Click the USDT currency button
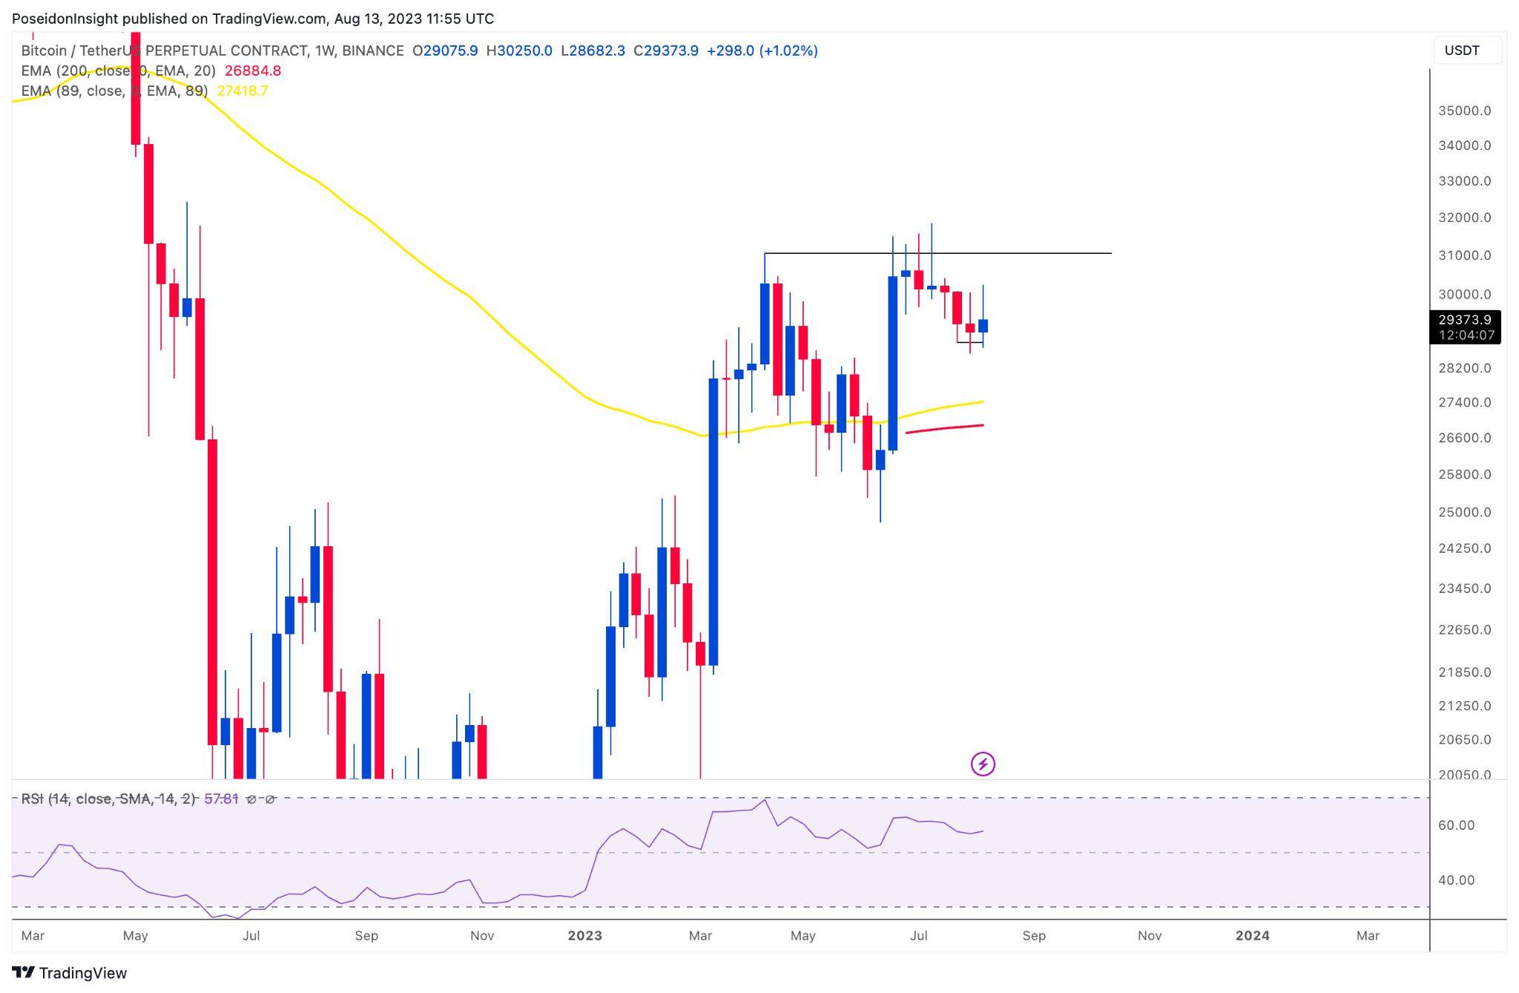tap(1462, 50)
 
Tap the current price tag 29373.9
tap(1464, 320)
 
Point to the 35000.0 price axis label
tap(1464, 111)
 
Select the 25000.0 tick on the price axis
tap(1464, 512)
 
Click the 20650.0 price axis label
tap(1464, 739)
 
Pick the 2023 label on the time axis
tap(584, 936)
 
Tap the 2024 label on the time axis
tap(1252, 936)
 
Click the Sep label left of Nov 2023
tap(1034, 936)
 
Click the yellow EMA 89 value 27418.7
tap(243, 91)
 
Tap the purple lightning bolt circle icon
tap(983, 764)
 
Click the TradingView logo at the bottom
tap(70, 973)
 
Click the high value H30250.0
tap(519, 50)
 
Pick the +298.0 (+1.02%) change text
tap(762, 50)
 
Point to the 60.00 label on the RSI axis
tap(1456, 825)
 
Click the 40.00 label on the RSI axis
tap(1456, 880)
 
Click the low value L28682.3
tap(593, 50)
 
